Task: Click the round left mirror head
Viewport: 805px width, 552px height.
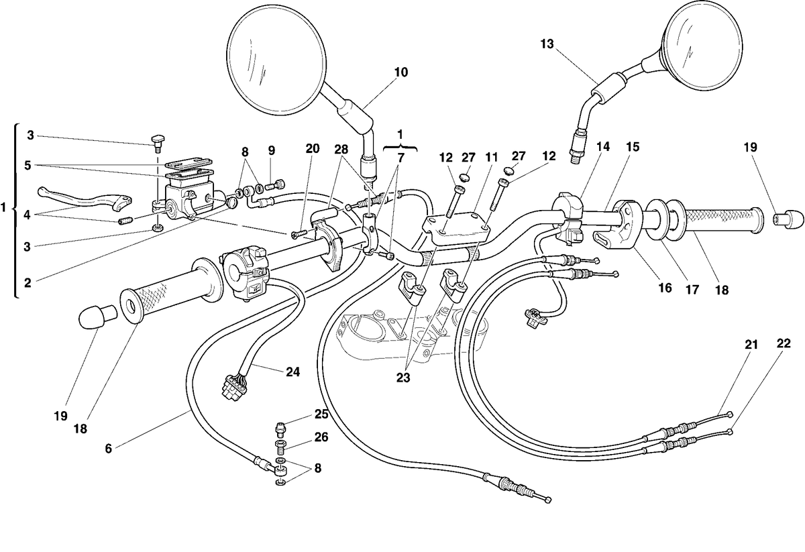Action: (277, 59)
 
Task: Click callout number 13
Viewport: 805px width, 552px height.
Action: (547, 44)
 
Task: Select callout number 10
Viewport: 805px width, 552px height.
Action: (401, 72)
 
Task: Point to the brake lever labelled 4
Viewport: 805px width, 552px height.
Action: (85, 199)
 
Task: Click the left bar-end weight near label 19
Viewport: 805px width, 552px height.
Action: (97, 317)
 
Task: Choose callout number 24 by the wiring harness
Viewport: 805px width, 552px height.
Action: (293, 372)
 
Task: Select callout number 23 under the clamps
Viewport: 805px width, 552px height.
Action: (403, 378)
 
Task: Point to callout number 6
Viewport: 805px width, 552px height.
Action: (109, 449)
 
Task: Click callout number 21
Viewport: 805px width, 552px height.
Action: (751, 345)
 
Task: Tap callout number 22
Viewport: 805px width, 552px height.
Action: (784, 343)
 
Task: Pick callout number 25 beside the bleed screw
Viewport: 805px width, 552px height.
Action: (321, 414)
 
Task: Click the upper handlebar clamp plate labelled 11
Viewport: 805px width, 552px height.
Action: (455, 229)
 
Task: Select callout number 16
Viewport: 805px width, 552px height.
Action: (665, 288)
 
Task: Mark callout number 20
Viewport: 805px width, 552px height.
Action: (313, 148)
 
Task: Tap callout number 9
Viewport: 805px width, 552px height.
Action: (271, 151)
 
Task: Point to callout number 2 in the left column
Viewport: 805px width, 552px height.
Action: (28, 283)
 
